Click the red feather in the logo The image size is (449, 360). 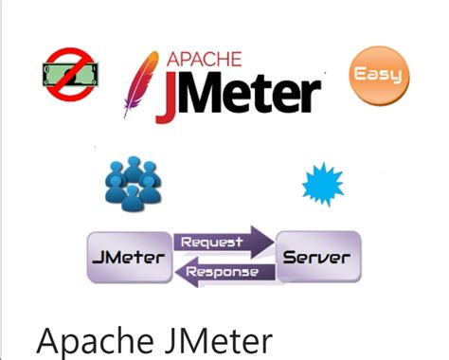point(141,81)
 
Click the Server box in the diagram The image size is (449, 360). point(316,258)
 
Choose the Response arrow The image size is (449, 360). point(223,273)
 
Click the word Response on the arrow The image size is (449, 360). point(223,273)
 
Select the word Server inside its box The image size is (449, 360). point(316,258)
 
